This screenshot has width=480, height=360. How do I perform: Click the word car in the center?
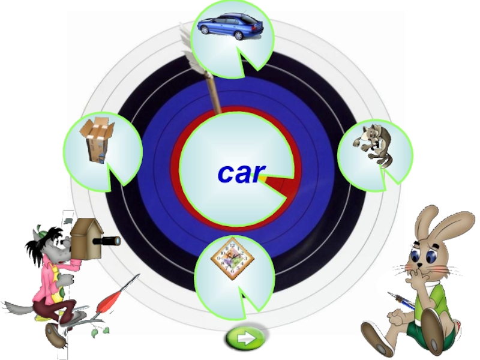pos(240,173)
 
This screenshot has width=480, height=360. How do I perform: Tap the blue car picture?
pos(230,26)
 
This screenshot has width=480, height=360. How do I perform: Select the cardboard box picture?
pos(98,139)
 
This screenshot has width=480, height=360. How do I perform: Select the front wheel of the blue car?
pos(239,35)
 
